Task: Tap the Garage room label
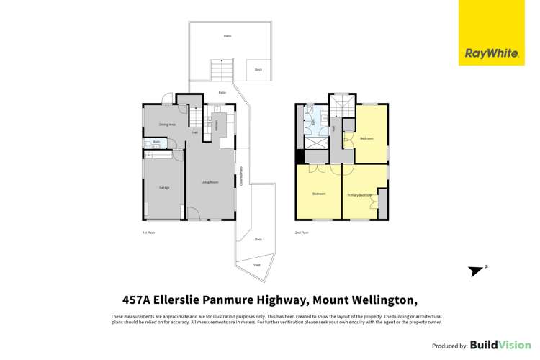pyautogui.click(x=164, y=188)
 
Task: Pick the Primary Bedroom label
pyautogui.click(x=360, y=195)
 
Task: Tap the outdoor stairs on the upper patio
pyautogui.click(x=220, y=71)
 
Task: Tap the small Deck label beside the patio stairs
pyautogui.click(x=258, y=70)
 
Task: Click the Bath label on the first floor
pyautogui.click(x=156, y=142)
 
